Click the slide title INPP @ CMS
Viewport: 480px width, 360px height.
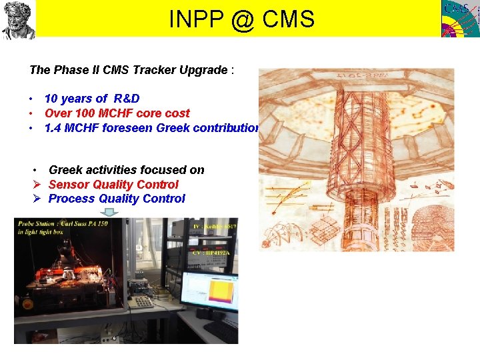tap(241, 19)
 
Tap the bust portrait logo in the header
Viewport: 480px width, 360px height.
tap(18, 19)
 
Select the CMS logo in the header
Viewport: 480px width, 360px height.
tap(460, 19)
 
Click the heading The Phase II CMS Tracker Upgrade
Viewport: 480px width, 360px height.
tap(128, 70)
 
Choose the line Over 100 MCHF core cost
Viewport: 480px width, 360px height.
tap(117, 113)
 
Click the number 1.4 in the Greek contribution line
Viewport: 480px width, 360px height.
tap(53, 127)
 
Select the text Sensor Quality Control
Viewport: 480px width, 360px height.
tap(113, 185)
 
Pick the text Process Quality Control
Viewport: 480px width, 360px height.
tap(117, 199)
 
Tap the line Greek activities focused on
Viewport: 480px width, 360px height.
tap(126, 170)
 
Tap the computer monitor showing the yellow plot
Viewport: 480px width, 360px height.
tap(208, 292)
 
